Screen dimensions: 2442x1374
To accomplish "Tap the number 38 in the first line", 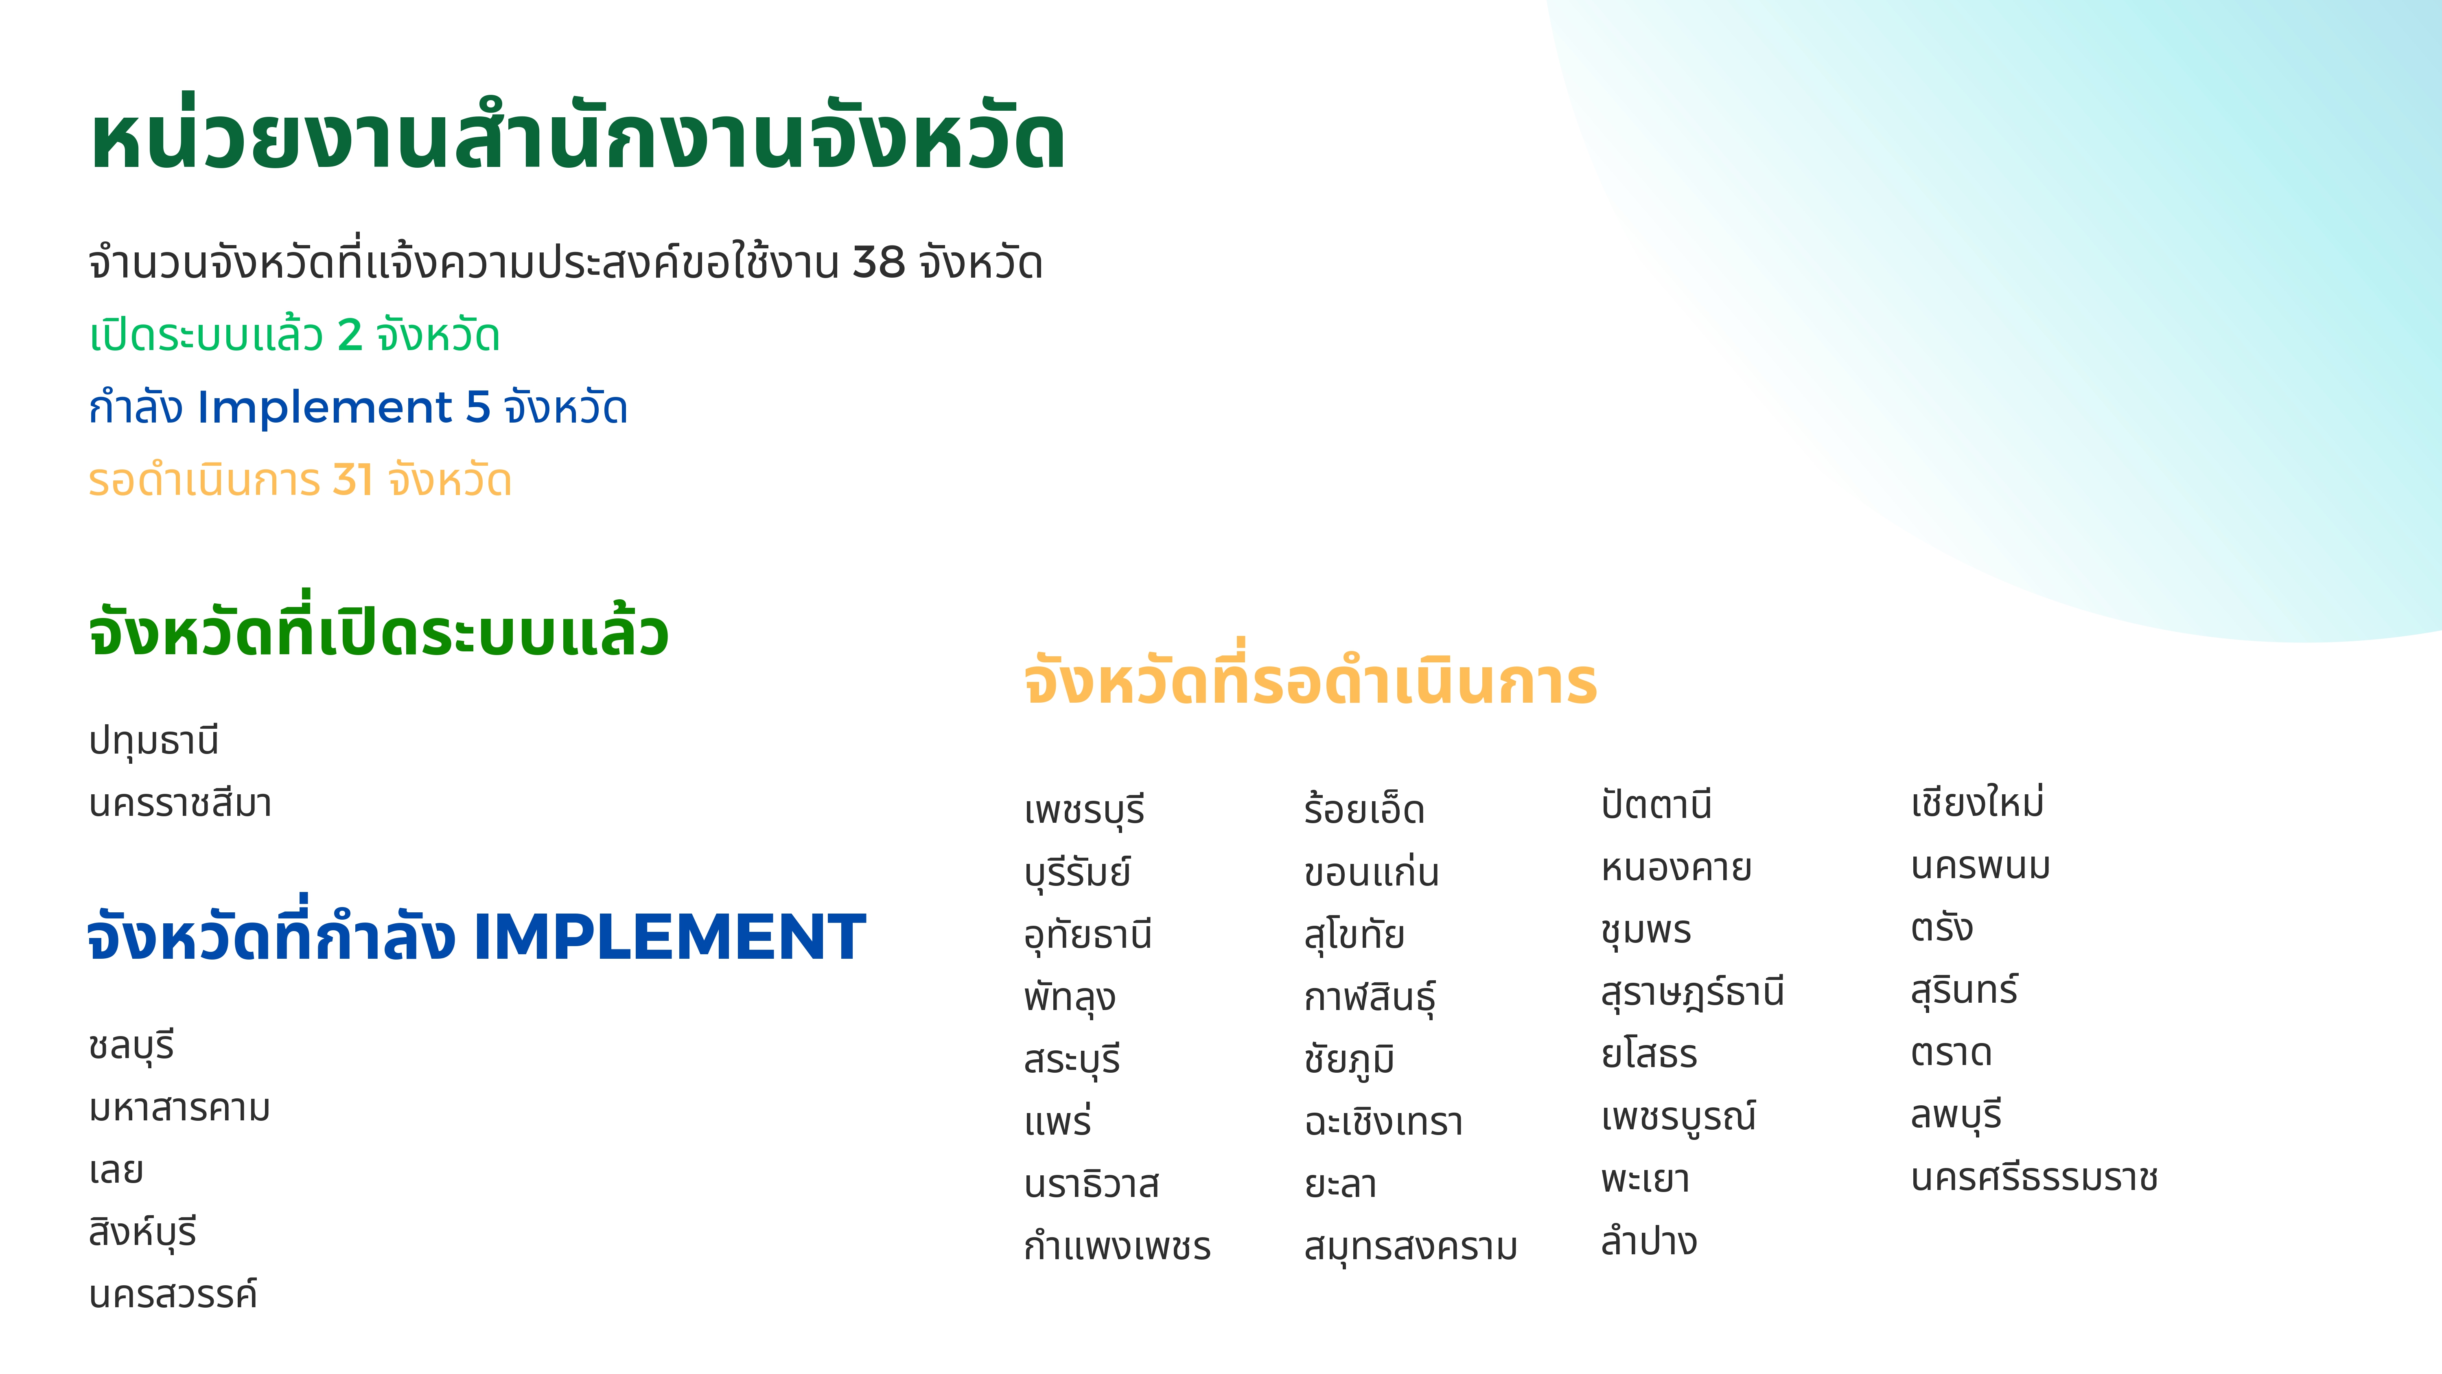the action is [879, 263].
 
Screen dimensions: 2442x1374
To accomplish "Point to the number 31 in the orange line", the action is [352, 480].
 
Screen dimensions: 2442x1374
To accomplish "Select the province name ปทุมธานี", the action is [153, 741].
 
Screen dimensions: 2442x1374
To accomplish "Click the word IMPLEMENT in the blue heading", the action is [669, 937].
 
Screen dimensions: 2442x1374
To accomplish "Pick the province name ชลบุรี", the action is [132, 1046].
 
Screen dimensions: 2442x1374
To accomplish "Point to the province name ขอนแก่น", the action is [1371, 870].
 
